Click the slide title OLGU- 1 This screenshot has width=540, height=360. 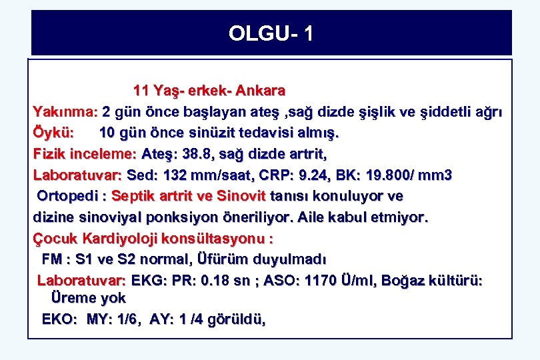pos(270,33)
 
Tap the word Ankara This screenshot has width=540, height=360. pos(260,90)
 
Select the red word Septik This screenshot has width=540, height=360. pos(134,197)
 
